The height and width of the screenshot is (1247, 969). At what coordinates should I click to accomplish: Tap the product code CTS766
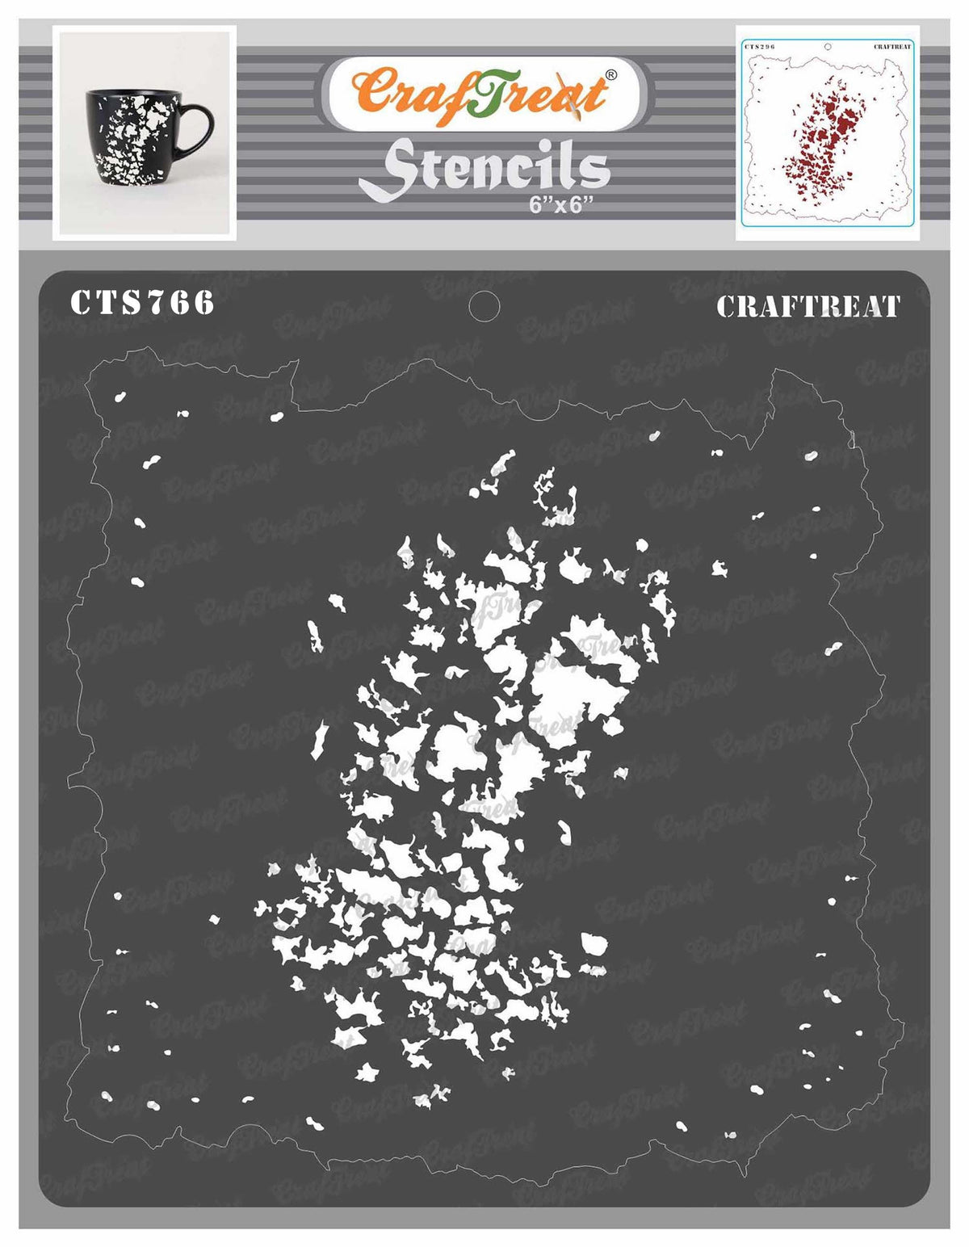[143, 303]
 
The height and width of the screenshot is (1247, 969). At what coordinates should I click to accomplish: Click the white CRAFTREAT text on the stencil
[807, 307]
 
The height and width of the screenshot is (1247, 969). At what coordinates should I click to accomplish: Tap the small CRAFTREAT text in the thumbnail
[891, 48]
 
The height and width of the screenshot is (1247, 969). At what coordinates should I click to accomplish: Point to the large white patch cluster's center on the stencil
[476, 767]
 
